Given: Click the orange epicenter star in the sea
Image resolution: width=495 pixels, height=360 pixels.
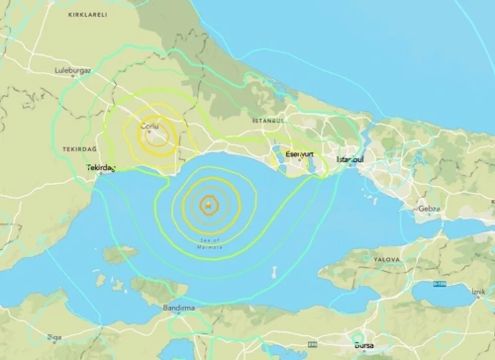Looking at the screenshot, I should click(208, 206).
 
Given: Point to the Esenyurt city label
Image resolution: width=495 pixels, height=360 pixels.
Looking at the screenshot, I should click(299, 155).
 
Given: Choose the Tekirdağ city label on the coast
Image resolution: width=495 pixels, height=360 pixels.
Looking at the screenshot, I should click(101, 168).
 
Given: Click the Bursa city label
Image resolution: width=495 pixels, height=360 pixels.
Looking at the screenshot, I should click(364, 345).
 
